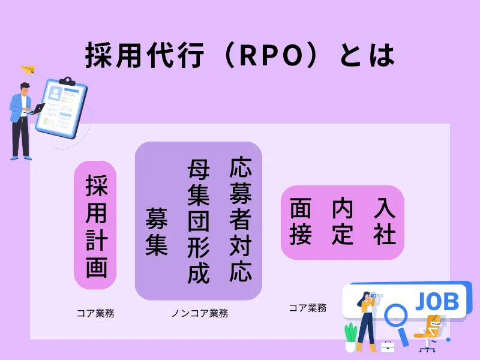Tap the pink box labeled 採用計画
(95, 225)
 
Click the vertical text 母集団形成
(198, 220)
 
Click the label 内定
(342, 221)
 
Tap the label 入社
(385, 221)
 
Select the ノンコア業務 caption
(200, 313)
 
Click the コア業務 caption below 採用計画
(95, 313)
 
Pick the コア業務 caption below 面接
(307, 308)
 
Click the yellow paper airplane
(28, 71)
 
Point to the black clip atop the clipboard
(67, 80)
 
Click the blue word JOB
(437, 301)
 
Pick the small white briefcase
(388, 346)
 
